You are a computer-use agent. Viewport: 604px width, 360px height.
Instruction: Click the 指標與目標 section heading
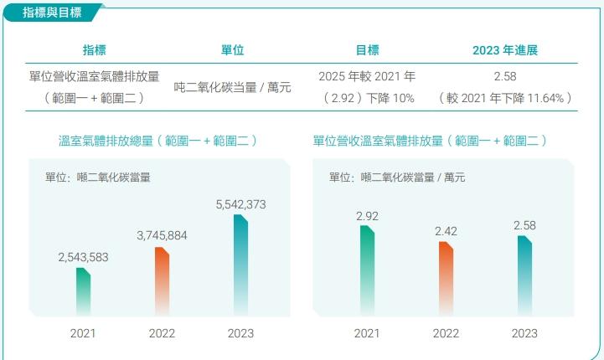pyautogui.click(x=47, y=12)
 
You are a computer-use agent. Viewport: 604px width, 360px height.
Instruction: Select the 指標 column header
pyautogui.click(x=94, y=50)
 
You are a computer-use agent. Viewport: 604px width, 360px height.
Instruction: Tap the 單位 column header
pyautogui.click(x=232, y=50)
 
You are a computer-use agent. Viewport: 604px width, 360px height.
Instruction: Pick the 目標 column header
pyautogui.click(x=367, y=50)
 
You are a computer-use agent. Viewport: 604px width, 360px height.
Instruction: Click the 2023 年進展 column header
pyautogui.click(x=505, y=50)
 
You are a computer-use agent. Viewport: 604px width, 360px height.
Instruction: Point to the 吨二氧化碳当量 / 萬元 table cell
pyautogui.click(x=232, y=86)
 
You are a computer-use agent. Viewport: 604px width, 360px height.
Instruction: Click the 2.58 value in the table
pyautogui.click(x=505, y=76)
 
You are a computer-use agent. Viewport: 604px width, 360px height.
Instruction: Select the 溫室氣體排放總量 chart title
pyautogui.click(x=157, y=141)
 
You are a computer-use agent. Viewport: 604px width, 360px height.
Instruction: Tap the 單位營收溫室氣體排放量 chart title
pyautogui.click(x=430, y=141)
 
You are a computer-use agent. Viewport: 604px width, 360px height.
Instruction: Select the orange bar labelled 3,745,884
pyautogui.click(x=162, y=281)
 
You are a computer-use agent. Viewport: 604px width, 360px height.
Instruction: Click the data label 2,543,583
pyautogui.click(x=84, y=258)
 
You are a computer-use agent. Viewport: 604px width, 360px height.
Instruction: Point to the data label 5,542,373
pyautogui.click(x=240, y=204)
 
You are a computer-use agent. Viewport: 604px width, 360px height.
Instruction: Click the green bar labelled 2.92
pyautogui.click(x=367, y=270)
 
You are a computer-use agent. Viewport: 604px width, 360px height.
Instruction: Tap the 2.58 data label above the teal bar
pyautogui.click(x=524, y=225)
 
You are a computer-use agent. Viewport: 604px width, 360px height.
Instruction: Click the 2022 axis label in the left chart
pyautogui.click(x=162, y=333)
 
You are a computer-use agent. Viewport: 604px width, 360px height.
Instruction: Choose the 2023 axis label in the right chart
pyautogui.click(x=524, y=333)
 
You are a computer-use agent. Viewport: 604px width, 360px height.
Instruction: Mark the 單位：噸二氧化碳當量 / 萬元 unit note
pyautogui.click(x=396, y=177)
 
